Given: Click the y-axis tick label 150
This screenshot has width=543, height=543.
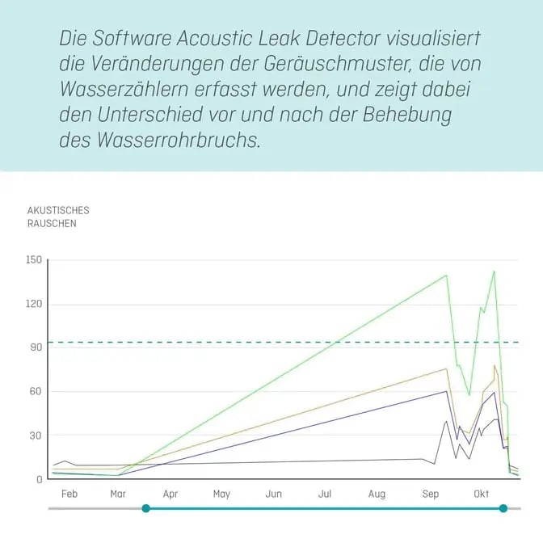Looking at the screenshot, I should click(x=32, y=260).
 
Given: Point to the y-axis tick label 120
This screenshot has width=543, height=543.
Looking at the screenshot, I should click(x=32, y=304).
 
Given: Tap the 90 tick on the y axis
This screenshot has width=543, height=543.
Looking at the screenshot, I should click(x=35, y=347).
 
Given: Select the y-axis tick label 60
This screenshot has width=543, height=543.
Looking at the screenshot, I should click(x=35, y=391).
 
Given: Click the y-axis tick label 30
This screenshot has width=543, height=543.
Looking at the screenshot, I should click(x=35, y=435).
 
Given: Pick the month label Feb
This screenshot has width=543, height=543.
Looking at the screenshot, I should click(x=69, y=494).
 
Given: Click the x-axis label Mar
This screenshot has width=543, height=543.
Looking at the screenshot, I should click(x=119, y=494).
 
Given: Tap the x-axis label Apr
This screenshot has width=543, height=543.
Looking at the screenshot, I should click(x=170, y=494).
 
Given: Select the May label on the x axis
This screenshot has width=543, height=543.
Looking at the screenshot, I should click(x=221, y=494).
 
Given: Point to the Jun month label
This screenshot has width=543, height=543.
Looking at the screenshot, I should click(x=273, y=494).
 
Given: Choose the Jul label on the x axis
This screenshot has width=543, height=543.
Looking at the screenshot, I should click(x=325, y=494).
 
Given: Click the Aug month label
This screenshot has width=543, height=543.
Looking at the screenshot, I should click(x=377, y=494).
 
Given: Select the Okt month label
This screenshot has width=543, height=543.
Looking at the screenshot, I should click(x=481, y=494).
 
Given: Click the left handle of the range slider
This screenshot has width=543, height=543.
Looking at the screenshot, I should click(x=145, y=508).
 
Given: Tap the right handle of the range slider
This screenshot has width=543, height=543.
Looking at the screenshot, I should click(x=503, y=508).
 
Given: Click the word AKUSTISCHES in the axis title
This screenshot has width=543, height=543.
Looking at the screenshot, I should click(x=58, y=210).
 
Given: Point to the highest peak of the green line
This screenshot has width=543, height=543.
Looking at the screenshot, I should click(x=494, y=271).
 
